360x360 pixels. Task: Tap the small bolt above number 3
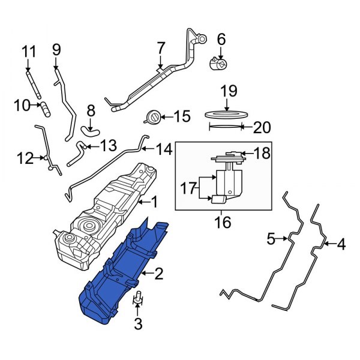tap(138, 297)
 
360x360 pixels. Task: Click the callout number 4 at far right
tap(341, 244)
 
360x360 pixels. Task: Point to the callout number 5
tap(271, 240)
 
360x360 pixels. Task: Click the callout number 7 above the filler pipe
tap(161, 48)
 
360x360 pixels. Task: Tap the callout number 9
tap(57, 49)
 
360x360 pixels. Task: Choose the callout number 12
tap(25, 158)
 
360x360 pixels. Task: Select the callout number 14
tap(164, 149)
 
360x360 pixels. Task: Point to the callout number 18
tap(262, 154)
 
